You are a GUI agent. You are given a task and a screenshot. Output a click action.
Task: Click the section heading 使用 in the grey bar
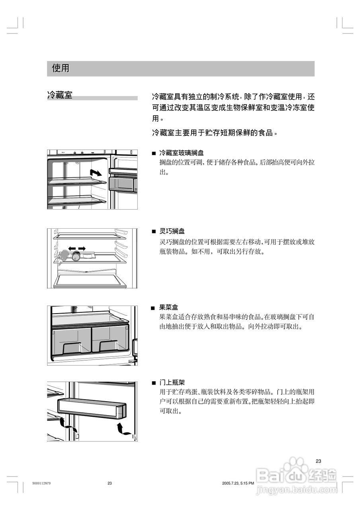tap(61, 69)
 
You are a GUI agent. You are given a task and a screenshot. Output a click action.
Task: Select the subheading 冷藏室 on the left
tap(60, 96)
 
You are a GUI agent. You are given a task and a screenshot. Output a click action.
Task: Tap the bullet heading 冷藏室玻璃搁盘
tap(181, 153)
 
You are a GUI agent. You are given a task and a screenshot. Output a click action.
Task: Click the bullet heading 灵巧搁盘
tap(172, 231)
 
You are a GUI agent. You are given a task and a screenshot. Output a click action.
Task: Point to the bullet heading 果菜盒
tap(168, 308)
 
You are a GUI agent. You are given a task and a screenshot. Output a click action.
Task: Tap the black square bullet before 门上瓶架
tap(153, 383)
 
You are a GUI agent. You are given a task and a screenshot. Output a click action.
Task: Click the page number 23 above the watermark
tap(318, 461)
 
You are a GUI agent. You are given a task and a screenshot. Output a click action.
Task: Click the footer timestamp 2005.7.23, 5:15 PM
tap(238, 483)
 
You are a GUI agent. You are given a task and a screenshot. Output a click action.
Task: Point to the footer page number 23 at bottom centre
tap(110, 483)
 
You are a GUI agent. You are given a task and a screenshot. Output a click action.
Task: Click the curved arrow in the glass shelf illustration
tap(96, 173)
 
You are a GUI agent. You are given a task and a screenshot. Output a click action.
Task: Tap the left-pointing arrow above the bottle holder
tap(72, 249)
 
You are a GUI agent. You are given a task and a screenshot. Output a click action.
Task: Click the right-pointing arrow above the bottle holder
tap(82, 249)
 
